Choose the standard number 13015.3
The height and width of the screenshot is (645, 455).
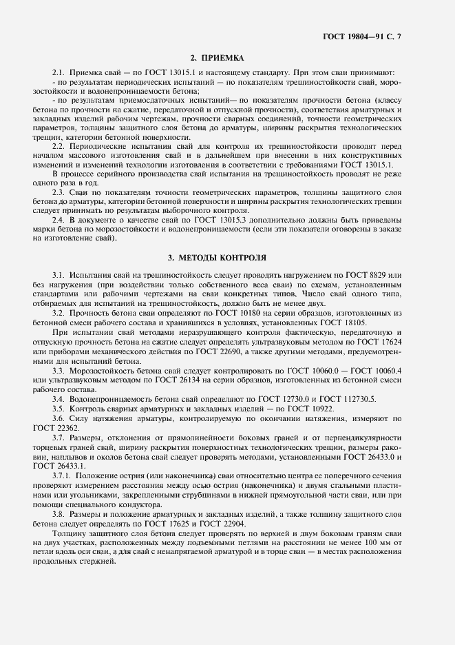click(x=204, y=219)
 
